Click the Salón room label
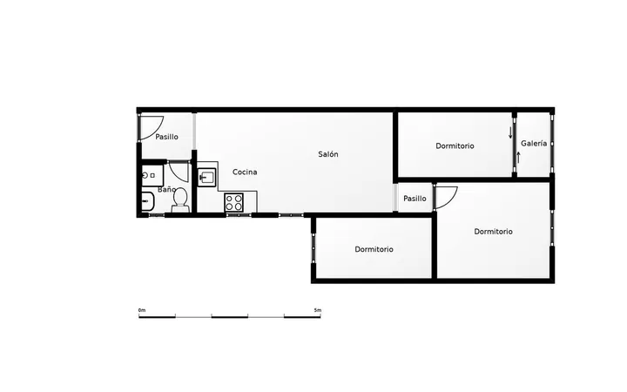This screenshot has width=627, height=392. coord(328,154)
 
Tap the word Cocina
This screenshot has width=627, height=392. coord(245,172)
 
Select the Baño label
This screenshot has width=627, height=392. coord(166,189)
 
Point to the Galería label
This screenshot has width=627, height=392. coord(534,143)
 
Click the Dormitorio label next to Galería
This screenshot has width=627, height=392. coord(455,146)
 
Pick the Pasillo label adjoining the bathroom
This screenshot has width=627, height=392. coord(166,137)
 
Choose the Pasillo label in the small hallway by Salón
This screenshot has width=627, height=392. coord(415,199)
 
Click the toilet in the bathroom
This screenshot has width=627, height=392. coord(180,200)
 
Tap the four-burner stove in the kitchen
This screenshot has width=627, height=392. coord(234,202)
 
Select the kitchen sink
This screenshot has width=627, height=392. coord(206,177)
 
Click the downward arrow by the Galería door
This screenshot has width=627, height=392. coord(510,132)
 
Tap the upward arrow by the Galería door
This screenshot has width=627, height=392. coord(518,157)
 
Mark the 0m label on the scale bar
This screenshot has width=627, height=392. coord(142,310)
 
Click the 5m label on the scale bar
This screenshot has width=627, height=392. coord(318,310)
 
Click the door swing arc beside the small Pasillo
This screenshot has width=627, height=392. coord(451,200)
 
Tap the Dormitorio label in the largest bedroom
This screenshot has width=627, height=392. coord(493,232)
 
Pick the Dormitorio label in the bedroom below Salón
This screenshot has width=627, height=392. coord(374,250)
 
